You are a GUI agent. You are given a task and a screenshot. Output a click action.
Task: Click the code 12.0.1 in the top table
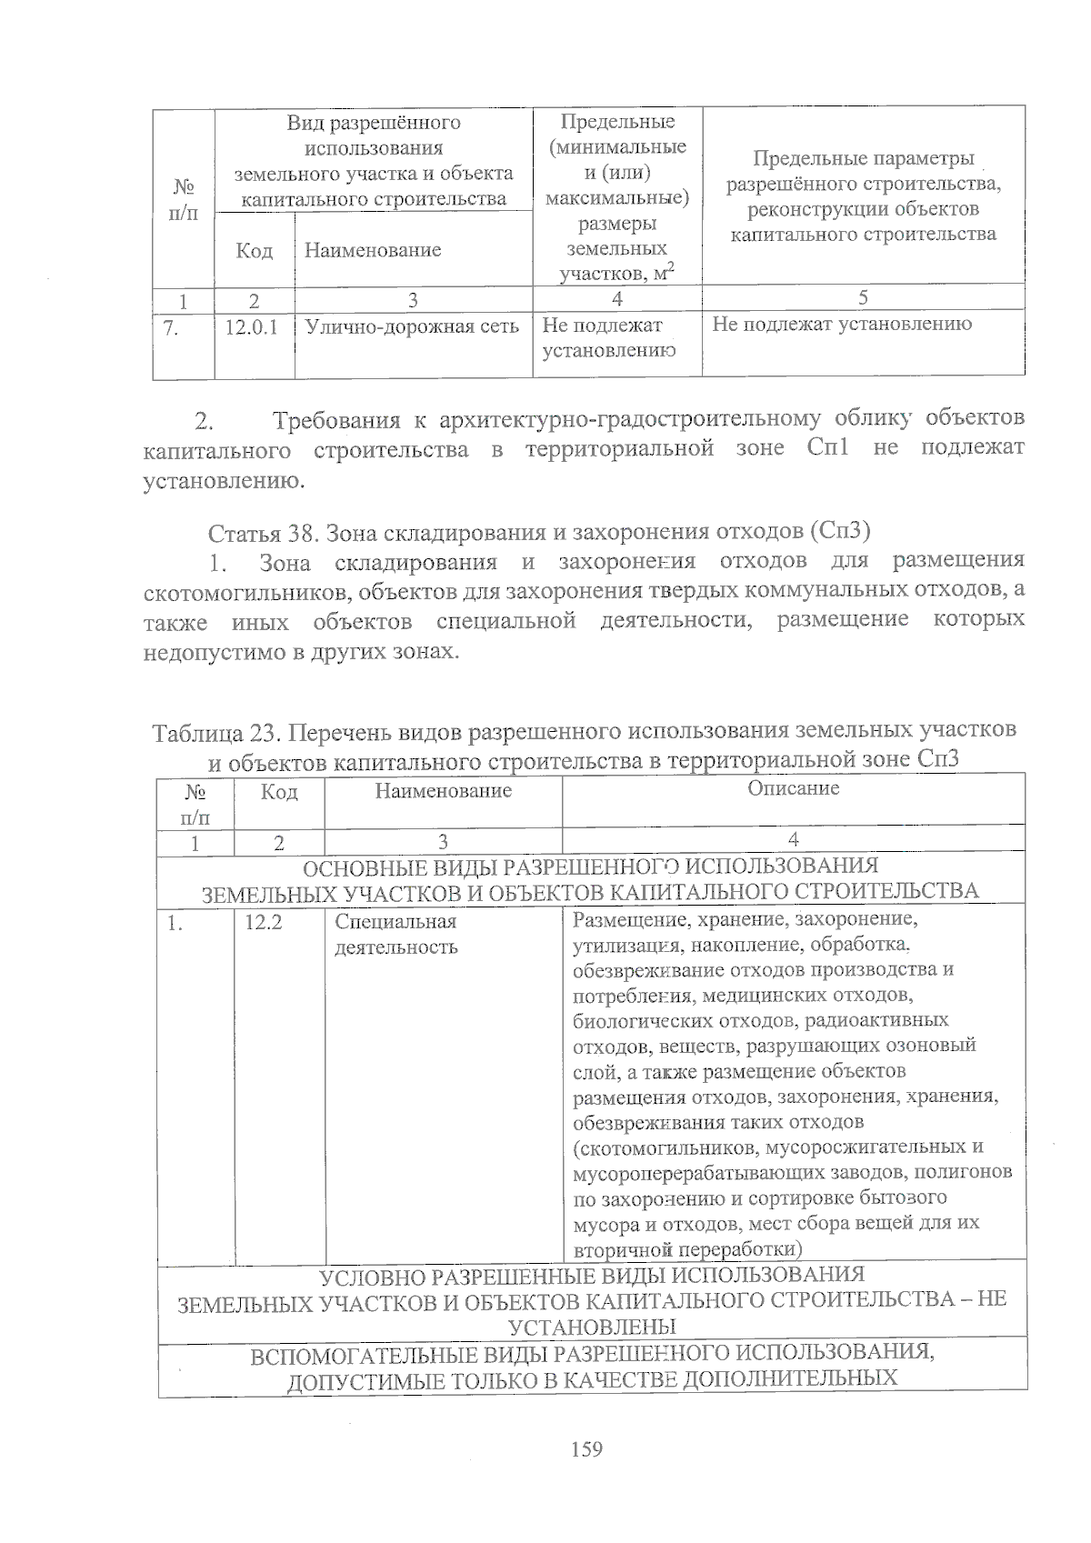click(x=251, y=326)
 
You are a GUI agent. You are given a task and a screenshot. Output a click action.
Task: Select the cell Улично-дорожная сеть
click(x=412, y=326)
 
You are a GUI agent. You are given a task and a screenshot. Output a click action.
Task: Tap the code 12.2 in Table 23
click(x=264, y=922)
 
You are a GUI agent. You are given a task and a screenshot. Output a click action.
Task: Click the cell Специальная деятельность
click(x=396, y=935)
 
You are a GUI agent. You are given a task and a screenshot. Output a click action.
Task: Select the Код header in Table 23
click(x=278, y=792)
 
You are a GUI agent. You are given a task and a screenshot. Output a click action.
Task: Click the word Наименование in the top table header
click(x=373, y=250)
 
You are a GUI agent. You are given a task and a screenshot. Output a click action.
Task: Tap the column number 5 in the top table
click(x=863, y=297)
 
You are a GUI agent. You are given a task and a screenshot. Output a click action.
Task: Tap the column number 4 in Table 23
click(x=794, y=840)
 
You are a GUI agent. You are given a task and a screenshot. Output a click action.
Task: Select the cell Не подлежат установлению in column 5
click(x=842, y=324)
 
